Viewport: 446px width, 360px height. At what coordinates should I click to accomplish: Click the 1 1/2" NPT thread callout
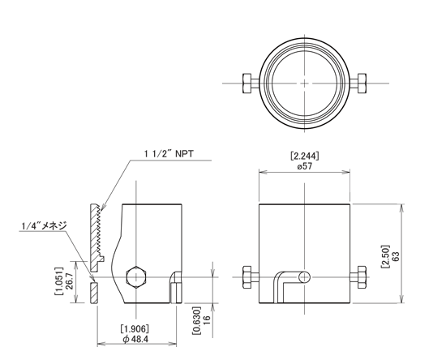pos(169,154)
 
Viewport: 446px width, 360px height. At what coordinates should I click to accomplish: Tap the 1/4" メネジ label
pos(44,225)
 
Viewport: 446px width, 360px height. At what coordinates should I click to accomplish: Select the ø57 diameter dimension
pos(304,166)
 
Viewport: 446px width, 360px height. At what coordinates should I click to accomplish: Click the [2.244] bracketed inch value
pos(305,156)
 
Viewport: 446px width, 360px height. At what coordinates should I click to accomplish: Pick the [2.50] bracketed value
pos(386,256)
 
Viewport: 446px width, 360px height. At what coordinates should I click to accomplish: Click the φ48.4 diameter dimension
pos(135,339)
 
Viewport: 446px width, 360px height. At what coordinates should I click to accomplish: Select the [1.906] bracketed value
pos(135,328)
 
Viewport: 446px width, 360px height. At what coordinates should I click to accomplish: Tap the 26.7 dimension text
pos(69,281)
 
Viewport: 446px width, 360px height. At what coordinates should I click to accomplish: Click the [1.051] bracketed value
pos(59,281)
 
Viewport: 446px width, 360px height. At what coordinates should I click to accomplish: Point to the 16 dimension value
pos(207,320)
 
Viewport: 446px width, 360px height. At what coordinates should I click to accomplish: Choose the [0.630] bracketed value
pos(196,320)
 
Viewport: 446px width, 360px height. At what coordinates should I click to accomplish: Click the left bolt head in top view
pos(247,84)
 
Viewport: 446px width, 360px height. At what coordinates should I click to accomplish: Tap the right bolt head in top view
pos(362,84)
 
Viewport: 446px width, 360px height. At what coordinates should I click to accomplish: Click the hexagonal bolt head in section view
pos(136,277)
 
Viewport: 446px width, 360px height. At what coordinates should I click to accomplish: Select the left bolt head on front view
pos(247,277)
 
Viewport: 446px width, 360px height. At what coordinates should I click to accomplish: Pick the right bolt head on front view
pos(362,277)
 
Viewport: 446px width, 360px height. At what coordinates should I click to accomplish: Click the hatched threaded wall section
pos(96,238)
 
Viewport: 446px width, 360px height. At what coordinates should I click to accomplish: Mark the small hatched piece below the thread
pos(94,293)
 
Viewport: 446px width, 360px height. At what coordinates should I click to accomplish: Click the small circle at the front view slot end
pos(305,277)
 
